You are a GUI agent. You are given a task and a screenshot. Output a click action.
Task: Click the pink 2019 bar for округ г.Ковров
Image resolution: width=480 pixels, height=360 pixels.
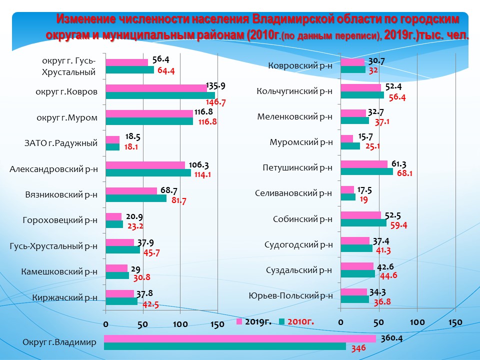(x=156, y=88)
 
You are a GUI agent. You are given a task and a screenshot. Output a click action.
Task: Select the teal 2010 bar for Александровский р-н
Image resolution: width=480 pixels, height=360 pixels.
(x=148, y=172)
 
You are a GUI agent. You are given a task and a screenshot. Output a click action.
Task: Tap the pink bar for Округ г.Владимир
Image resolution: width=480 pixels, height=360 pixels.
(x=239, y=338)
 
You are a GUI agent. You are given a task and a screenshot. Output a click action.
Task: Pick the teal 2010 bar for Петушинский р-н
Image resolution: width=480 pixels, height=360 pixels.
(x=366, y=171)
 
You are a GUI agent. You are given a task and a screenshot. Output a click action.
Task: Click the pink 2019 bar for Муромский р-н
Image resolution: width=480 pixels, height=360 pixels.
(x=346, y=138)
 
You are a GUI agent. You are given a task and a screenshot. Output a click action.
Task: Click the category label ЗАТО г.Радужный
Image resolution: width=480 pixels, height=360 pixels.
(x=60, y=144)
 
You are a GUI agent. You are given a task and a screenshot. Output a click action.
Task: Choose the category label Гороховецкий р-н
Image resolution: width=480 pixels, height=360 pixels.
(x=60, y=220)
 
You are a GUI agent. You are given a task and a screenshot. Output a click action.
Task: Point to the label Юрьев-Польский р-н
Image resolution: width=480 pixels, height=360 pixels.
(x=290, y=295)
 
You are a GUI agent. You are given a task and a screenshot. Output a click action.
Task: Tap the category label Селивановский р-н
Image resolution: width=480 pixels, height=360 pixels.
(x=293, y=193)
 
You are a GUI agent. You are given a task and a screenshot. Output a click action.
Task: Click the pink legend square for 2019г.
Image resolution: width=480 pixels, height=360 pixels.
(x=239, y=321)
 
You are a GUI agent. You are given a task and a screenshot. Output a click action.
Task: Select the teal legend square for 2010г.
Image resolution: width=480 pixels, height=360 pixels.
(x=281, y=321)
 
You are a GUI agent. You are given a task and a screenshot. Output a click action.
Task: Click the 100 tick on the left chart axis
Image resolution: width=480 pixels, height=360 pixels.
(x=180, y=324)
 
